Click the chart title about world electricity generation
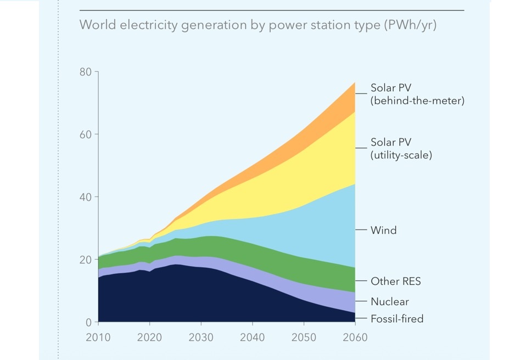click(258, 25)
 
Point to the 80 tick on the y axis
click(86, 72)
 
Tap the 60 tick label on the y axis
click(86, 134)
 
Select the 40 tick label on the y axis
click(86, 197)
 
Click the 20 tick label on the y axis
click(86, 260)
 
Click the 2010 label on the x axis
click(98, 337)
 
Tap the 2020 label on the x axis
click(149, 337)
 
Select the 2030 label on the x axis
click(201, 337)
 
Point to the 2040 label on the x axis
click(253, 337)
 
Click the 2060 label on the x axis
click(355, 337)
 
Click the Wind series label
click(383, 230)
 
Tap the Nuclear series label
click(390, 301)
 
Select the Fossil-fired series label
click(397, 319)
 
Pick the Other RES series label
click(396, 282)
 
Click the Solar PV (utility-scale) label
click(401, 149)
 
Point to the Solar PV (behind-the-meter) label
click(417, 94)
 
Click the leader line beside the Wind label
click(361, 230)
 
